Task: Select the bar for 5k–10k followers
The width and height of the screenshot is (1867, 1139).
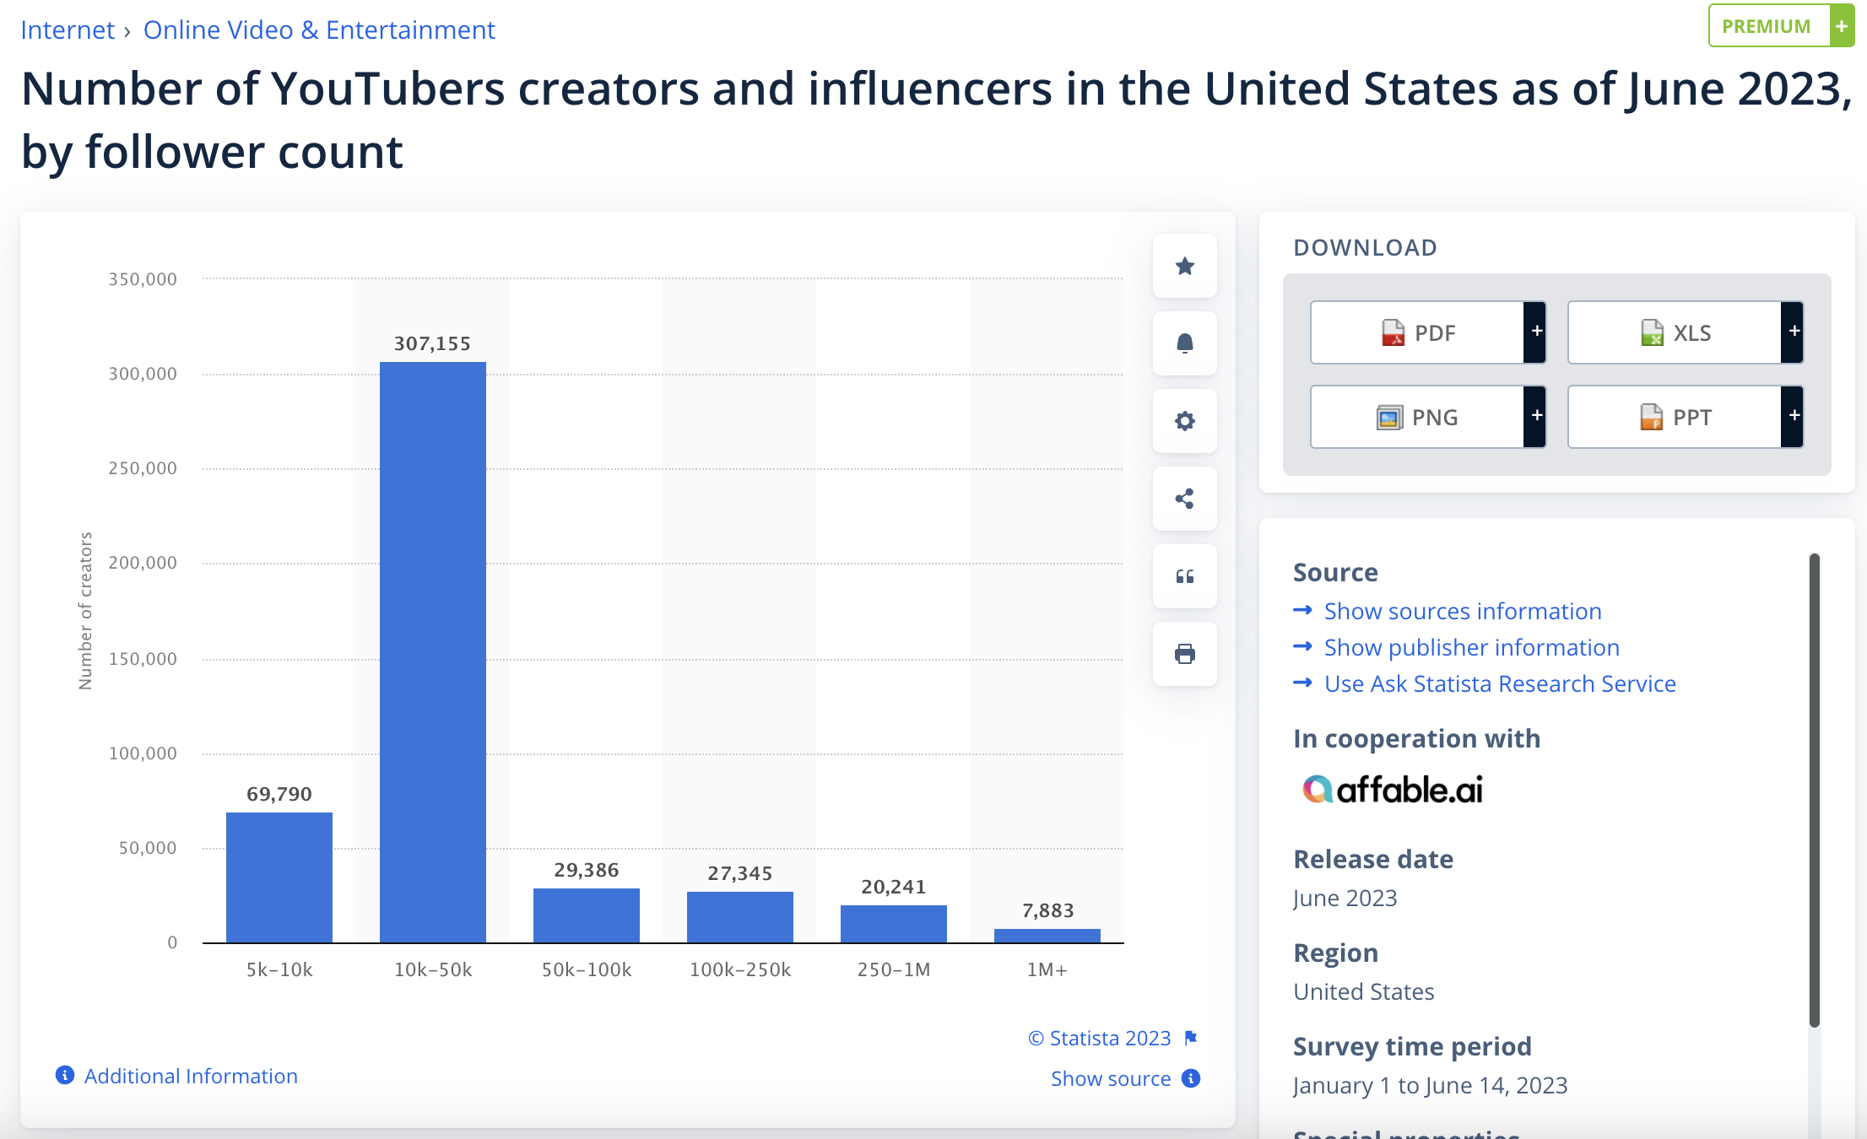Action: [279, 877]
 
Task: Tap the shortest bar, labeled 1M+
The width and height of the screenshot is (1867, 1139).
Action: [1047, 936]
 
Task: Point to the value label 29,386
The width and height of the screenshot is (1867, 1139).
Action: [586, 870]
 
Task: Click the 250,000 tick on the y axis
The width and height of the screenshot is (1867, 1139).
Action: [143, 468]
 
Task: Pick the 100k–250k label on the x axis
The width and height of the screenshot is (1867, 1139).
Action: [739, 969]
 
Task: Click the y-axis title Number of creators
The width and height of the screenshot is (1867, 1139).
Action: [85, 611]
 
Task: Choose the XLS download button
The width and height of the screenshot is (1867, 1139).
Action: [1675, 332]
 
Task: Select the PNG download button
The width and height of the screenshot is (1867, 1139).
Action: [1418, 417]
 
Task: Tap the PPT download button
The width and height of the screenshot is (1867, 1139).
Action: [1675, 417]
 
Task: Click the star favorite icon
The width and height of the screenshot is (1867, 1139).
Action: [1184, 266]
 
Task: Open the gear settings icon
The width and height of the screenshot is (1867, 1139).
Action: [1184, 421]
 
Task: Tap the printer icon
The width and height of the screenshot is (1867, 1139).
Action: [1184, 654]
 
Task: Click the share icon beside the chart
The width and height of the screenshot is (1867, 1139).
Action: [1184, 499]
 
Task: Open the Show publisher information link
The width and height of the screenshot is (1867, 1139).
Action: [1471, 647]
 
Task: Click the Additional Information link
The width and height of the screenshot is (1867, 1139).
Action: [191, 1076]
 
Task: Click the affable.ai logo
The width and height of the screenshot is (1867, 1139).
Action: [1393, 790]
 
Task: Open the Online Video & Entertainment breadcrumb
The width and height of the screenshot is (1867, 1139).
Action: [319, 30]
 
